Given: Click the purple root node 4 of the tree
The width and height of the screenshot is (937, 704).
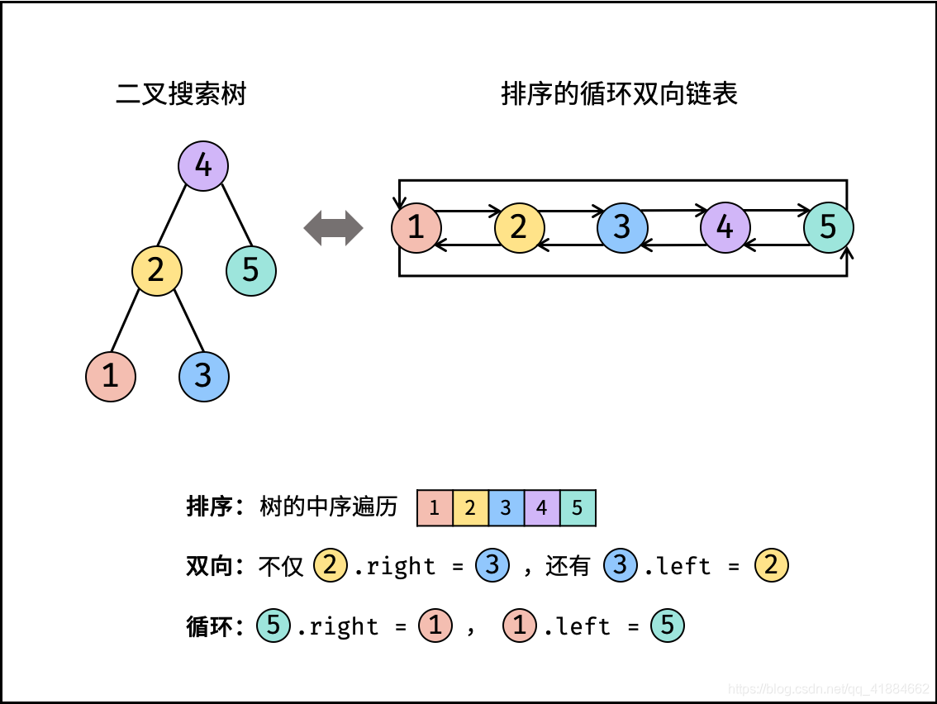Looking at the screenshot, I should pos(203,166).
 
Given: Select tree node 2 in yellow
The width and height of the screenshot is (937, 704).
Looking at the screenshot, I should pos(157,270).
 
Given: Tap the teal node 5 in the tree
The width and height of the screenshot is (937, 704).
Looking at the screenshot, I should pos(251,270).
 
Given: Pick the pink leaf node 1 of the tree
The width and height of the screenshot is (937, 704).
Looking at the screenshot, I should pos(111,377).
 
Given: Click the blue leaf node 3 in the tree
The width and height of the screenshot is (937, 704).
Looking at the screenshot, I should pos(204,377).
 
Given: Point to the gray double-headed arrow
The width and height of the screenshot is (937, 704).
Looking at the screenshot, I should pos(334,228).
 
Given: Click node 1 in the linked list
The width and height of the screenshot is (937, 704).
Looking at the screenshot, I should pos(416,227).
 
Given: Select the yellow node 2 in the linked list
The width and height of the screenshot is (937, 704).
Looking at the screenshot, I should pos(519,227).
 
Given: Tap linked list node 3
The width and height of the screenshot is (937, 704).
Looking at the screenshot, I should pos(622,227).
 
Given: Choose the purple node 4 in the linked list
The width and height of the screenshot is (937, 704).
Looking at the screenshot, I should pos(725,227).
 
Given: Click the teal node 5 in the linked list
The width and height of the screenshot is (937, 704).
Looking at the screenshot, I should pos(829,227).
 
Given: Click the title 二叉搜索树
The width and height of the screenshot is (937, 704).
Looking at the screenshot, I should pos(181,94).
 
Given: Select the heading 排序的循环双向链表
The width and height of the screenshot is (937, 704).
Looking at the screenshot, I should pos(619,94).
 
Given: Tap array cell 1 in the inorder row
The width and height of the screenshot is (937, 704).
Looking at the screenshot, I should pos(435,508).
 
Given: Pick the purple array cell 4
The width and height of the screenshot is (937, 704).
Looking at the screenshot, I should pos(541,508).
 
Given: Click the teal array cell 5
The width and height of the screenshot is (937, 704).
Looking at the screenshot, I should pos(578,508).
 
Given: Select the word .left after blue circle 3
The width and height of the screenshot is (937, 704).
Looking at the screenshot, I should pos(677,566).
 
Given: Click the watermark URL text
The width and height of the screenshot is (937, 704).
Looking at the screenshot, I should pos(830,688).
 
